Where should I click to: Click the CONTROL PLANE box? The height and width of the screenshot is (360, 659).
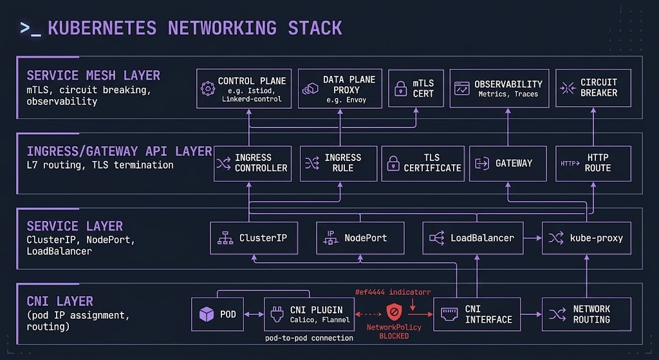click(x=244, y=88)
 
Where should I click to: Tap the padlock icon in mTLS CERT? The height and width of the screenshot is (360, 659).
click(x=401, y=88)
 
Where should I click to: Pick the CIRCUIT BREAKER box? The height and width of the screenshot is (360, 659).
click(x=593, y=88)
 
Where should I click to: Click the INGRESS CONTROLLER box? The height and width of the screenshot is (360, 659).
click(x=252, y=163)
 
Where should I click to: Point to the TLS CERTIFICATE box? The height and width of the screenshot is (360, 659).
click(x=423, y=163)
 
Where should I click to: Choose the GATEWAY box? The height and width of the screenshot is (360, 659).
click(x=508, y=163)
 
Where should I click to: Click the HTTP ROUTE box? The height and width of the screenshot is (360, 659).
click(x=593, y=163)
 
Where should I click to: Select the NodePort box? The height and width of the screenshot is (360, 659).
click(x=360, y=238)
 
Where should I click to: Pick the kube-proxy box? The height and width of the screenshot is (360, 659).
click(x=587, y=238)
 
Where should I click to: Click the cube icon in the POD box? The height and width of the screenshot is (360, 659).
click(x=206, y=314)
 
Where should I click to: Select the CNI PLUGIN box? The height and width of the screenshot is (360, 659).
click(x=308, y=314)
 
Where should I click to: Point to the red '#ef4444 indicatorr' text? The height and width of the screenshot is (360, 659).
click(x=393, y=292)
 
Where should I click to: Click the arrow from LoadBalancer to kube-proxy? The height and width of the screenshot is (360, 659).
click(x=532, y=238)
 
